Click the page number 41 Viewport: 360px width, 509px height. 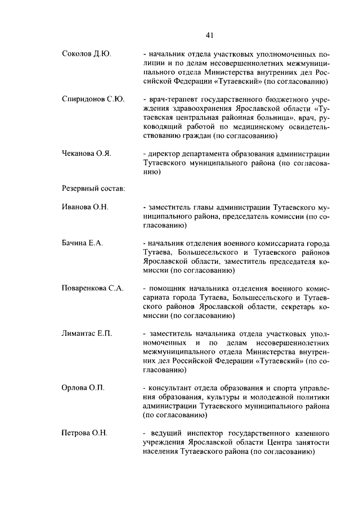tap(209, 35)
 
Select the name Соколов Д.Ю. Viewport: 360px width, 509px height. tap(86, 54)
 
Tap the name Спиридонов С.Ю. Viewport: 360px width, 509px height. tap(93, 99)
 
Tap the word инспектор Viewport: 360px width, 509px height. tap(206, 433)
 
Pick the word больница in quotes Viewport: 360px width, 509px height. tap(273, 117)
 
